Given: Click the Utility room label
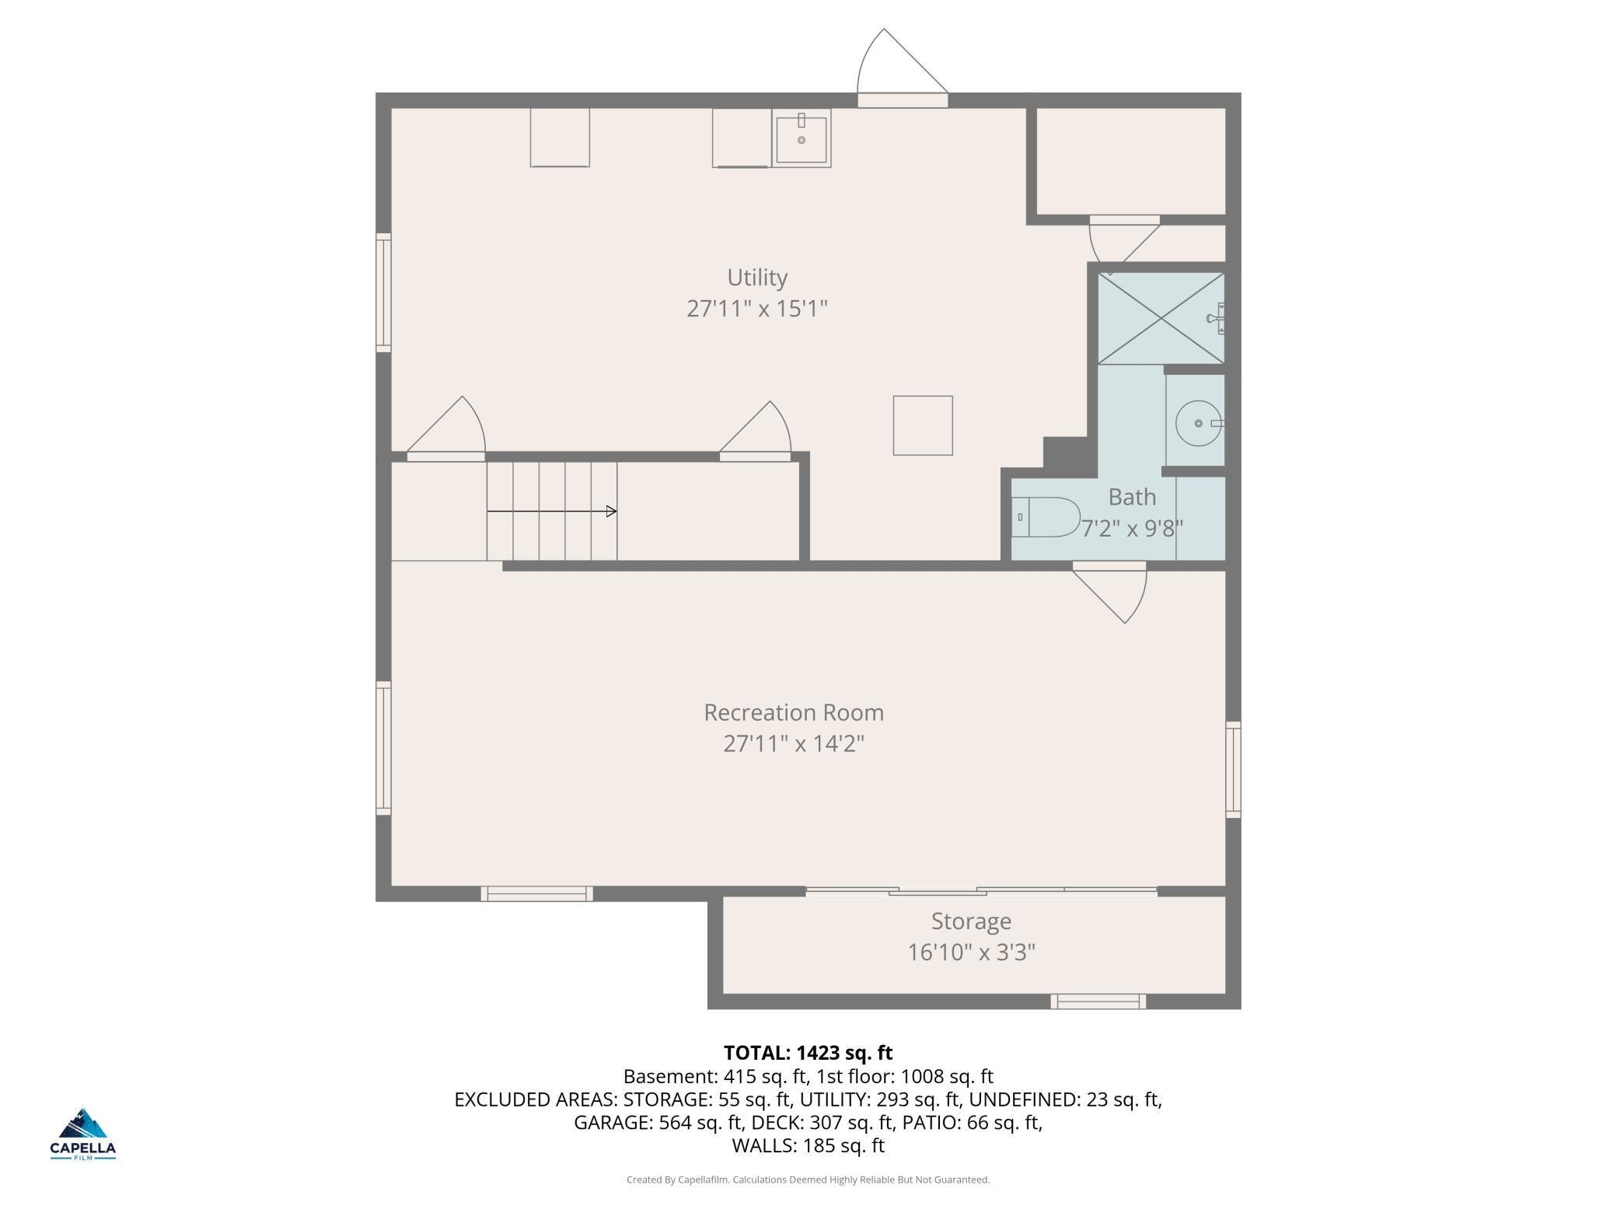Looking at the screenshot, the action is pyautogui.click(x=757, y=278).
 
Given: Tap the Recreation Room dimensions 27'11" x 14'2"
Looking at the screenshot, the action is pyautogui.click(x=794, y=744).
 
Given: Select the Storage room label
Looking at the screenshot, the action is pyautogui.click(x=971, y=921).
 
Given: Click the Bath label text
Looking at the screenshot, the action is pyautogui.click(x=1132, y=497).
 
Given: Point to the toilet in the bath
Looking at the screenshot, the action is pyautogui.click(x=1046, y=517).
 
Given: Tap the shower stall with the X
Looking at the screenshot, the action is pyautogui.click(x=1161, y=318).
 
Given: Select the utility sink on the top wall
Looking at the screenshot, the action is pyautogui.click(x=802, y=138).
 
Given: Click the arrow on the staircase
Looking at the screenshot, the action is pyautogui.click(x=552, y=511).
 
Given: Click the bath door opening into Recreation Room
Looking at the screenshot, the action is pyautogui.click(x=1110, y=591).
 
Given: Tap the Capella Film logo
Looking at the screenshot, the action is pyautogui.click(x=83, y=1134).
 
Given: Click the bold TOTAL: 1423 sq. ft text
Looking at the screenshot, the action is pyautogui.click(x=808, y=1053).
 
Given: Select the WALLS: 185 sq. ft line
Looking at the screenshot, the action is pyautogui.click(x=808, y=1145).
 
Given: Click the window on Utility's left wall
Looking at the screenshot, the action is pyautogui.click(x=383, y=292).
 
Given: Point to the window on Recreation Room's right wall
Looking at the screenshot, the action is pyautogui.click(x=1233, y=770).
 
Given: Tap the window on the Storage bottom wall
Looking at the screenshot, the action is pyautogui.click(x=1098, y=1002).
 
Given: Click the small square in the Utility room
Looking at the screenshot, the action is pyautogui.click(x=923, y=425).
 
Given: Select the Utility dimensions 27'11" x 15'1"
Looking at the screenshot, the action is pyautogui.click(x=757, y=309).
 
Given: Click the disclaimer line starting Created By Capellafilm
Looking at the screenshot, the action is pyautogui.click(x=808, y=1180).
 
